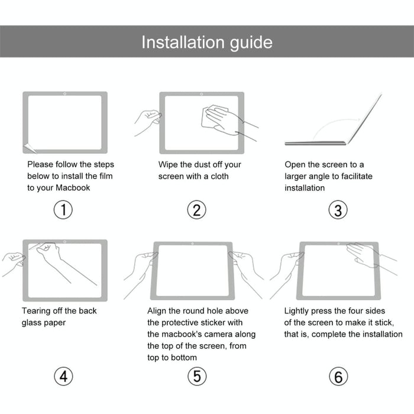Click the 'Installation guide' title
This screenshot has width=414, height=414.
tap(206, 42)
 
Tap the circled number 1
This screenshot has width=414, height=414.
tap(63, 210)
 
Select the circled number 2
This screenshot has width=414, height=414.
tap(197, 210)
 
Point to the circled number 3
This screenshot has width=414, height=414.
tap(338, 210)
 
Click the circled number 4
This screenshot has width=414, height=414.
tap(63, 376)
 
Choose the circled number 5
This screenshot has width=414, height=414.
tap(197, 376)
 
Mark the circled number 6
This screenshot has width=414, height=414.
tap(338, 376)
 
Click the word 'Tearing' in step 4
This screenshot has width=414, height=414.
tap(37, 311)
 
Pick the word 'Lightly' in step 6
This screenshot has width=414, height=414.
tap(299, 311)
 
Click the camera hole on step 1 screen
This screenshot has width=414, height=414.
tap(65, 94)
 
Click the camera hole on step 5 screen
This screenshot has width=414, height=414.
tap(192, 244)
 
